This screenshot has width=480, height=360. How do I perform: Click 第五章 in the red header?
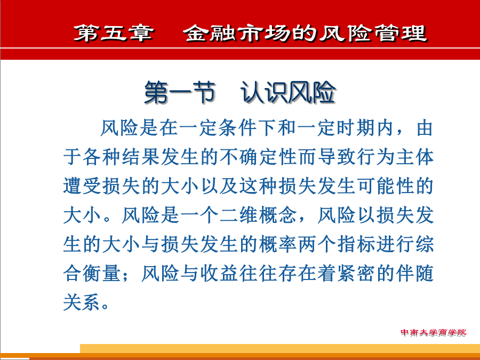[113, 33]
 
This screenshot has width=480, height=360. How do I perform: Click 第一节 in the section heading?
[180, 92]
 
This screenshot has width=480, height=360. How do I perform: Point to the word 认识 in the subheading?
[264, 92]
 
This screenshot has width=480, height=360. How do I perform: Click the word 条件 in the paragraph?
[237, 128]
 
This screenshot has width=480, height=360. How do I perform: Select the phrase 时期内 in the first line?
[365, 128]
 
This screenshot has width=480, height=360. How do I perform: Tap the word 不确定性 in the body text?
[258, 157]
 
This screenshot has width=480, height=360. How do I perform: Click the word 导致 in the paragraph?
[337, 157]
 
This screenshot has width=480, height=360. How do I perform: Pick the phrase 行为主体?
[395, 157]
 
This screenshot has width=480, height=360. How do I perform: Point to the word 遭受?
[82, 186]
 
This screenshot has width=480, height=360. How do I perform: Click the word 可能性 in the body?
[386, 186]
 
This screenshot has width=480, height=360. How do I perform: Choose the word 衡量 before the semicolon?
[102, 274]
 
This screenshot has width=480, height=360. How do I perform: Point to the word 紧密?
[356, 274]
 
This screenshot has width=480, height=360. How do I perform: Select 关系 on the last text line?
[82, 302]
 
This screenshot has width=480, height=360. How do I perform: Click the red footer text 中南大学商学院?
[434, 333]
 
